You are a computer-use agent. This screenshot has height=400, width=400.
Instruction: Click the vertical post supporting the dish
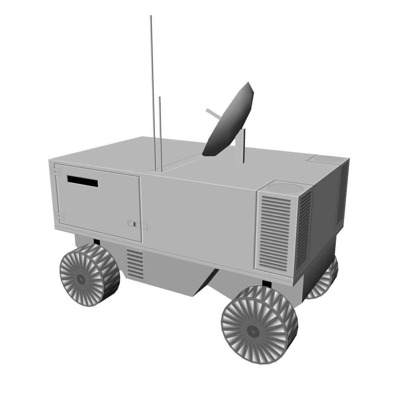point(244,146)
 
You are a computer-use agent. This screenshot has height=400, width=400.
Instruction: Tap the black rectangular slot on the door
point(83,181)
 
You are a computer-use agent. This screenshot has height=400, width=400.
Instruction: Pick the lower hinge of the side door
point(59,217)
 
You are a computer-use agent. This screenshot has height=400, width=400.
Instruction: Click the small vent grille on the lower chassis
point(135,264)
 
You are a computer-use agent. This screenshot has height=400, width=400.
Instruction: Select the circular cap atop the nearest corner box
point(285,187)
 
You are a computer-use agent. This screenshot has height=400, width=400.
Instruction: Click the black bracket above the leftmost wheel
point(97,241)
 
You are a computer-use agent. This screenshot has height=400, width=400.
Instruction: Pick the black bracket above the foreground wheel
point(267,284)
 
